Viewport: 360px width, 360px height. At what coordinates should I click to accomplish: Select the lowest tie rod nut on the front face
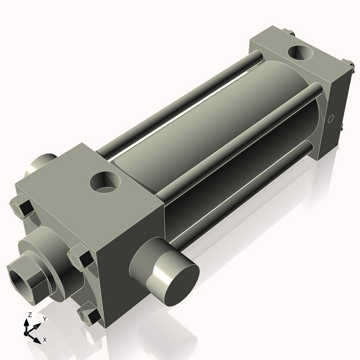click(89, 316)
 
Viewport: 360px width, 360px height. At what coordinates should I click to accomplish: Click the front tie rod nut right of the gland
click(78, 256)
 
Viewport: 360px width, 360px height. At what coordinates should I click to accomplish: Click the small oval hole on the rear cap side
click(331, 117)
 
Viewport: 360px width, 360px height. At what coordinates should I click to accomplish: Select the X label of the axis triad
click(45, 338)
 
